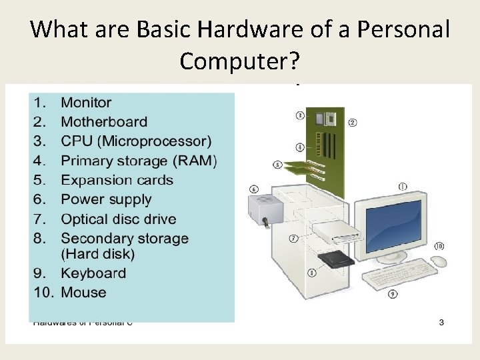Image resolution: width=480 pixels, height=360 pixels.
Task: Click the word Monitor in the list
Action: point(86,103)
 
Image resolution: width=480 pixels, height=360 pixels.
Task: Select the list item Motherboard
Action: point(104,122)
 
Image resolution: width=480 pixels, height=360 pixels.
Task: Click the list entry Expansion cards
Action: point(117,180)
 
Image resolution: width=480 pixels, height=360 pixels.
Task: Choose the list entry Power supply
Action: point(106,199)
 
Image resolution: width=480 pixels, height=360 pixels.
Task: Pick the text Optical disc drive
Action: point(118,219)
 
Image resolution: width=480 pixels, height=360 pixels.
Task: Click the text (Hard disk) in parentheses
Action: point(97,254)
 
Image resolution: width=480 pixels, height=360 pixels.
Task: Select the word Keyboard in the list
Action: point(93,273)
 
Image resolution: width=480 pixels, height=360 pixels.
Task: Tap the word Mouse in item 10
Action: point(83,293)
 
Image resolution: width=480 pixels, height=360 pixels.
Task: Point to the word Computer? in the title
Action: point(241,61)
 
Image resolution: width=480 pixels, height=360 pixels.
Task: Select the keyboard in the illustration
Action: point(399,275)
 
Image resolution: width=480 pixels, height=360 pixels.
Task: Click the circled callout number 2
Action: point(352,122)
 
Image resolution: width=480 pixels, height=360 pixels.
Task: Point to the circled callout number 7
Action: point(294,238)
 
